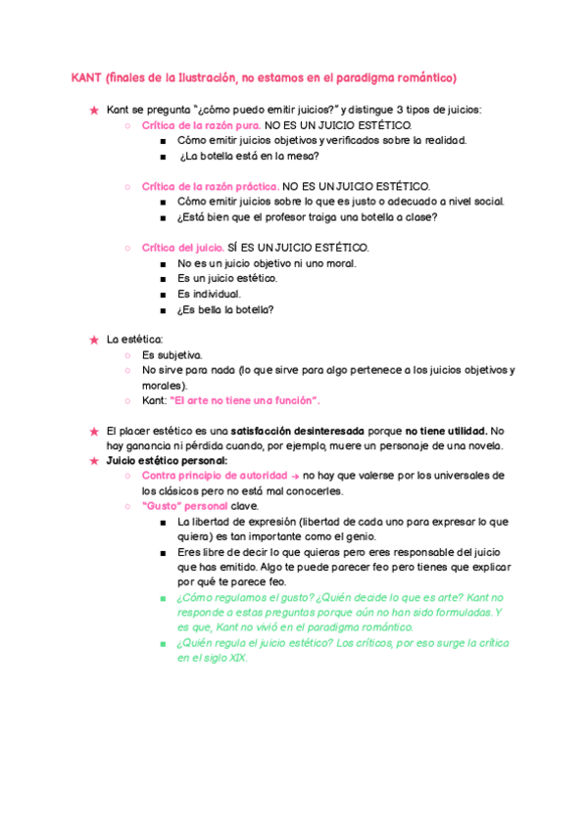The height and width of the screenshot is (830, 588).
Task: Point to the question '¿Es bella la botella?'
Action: coord(225,309)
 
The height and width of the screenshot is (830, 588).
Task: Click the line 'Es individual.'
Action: coord(209,294)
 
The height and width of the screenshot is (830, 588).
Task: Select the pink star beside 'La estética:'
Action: coord(94,340)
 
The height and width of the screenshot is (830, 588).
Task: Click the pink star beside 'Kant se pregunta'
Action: coord(94,110)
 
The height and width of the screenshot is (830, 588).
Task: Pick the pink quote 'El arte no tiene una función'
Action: coord(245,400)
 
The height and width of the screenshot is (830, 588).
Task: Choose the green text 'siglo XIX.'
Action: coord(225,658)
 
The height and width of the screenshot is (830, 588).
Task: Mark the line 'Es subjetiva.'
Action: coord(171,354)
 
